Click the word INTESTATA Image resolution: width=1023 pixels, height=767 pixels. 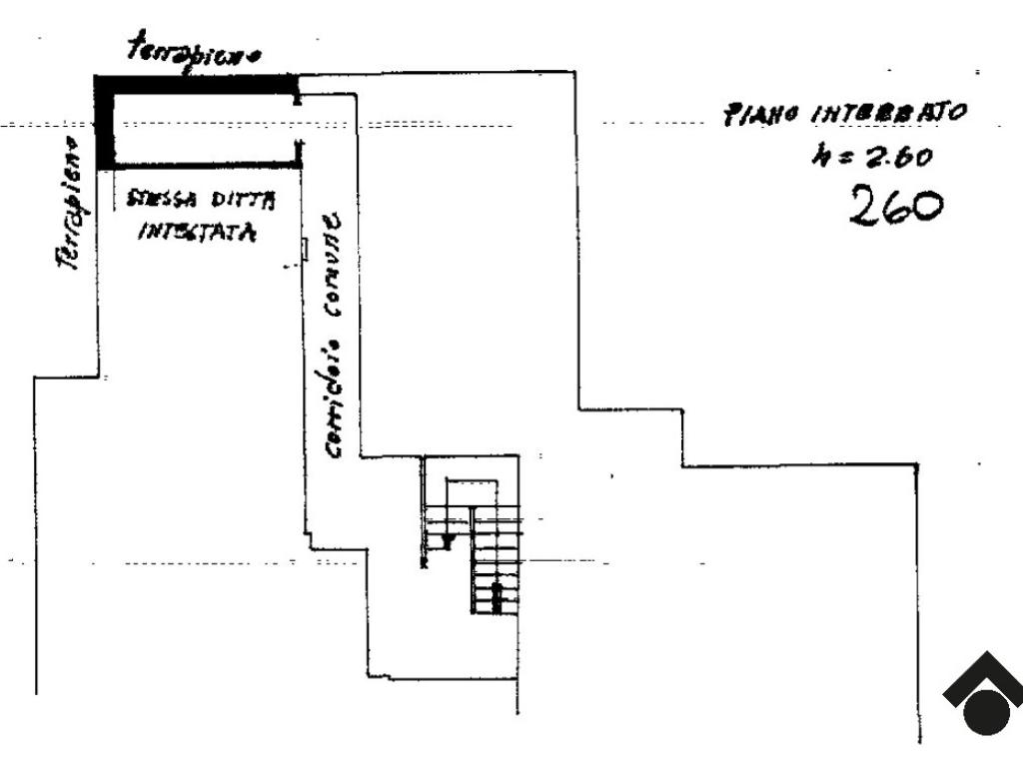pos(196,234)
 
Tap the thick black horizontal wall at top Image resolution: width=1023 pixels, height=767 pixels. pos(196,84)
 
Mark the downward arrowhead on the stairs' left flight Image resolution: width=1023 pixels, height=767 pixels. pos(449,541)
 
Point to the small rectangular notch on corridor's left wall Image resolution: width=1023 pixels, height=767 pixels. pos(304,251)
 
